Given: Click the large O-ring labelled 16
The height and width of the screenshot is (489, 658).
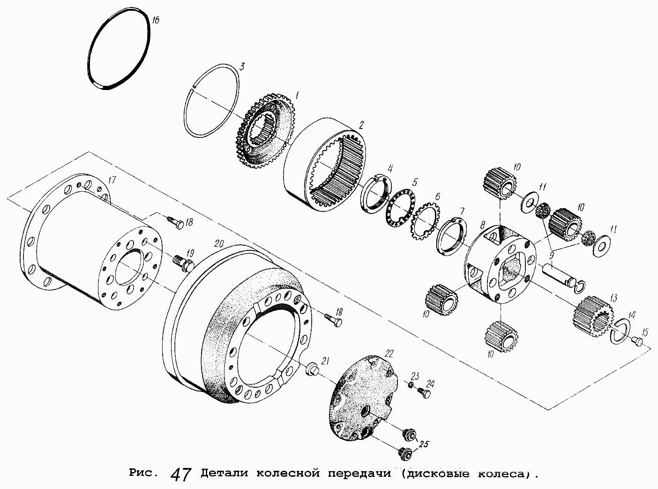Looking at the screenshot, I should [x=92, y=56].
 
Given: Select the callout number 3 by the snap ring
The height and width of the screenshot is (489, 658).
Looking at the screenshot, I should [x=241, y=67].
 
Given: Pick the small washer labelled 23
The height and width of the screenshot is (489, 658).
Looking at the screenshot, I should [x=410, y=385].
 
